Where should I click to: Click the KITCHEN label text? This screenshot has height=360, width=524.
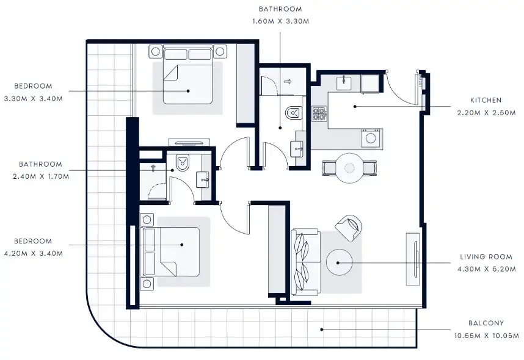point(486,100)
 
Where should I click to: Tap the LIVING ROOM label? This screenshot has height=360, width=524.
point(486,257)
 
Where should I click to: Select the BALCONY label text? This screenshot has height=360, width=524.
point(486,323)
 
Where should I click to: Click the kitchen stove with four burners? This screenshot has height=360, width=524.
point(319,114)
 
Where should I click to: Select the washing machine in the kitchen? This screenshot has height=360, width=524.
point(371,139)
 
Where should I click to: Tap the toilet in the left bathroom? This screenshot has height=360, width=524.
point(183,162)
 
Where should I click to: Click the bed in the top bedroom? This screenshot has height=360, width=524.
point(187,81)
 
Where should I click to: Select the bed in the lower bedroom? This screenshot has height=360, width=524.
point(172,251)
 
